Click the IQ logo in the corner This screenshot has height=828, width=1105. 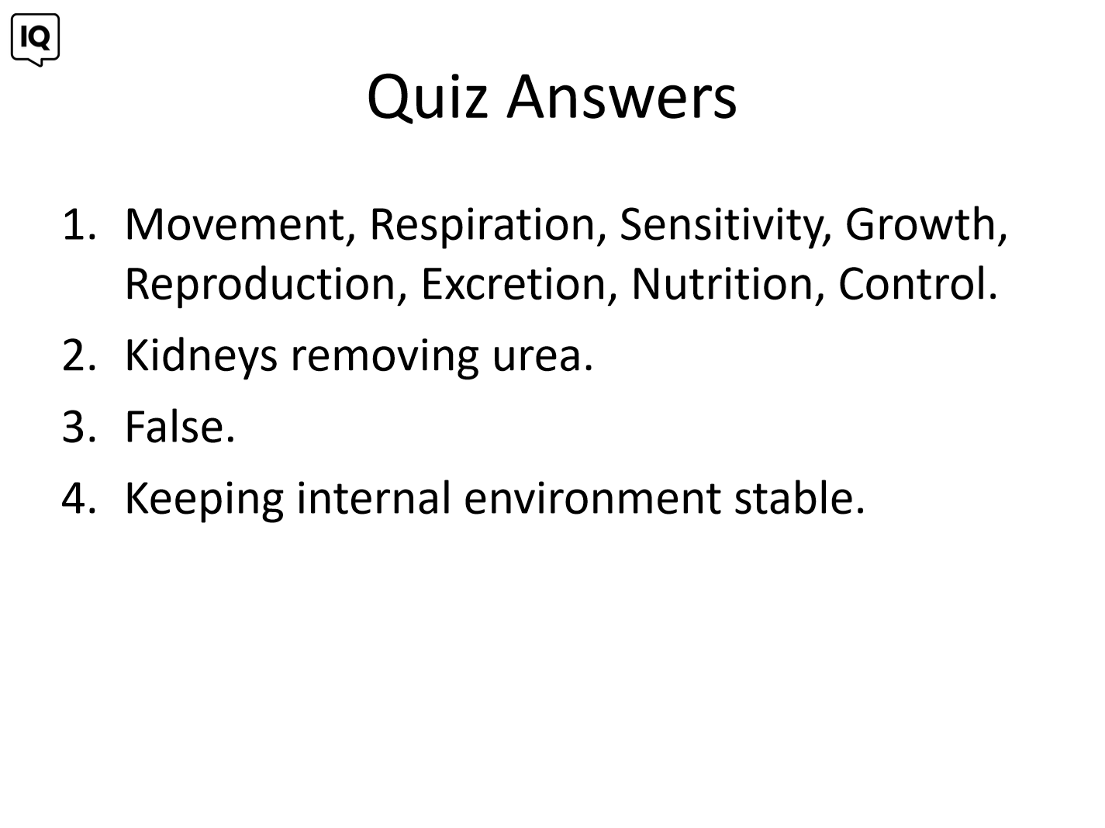35,40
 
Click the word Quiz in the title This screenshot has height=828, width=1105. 427,97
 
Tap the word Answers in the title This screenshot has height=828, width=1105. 622,96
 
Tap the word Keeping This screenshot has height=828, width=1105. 205,500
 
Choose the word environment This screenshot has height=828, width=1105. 592,500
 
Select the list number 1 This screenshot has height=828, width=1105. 79,224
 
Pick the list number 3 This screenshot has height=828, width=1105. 79,428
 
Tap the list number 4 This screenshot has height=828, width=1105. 78,499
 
